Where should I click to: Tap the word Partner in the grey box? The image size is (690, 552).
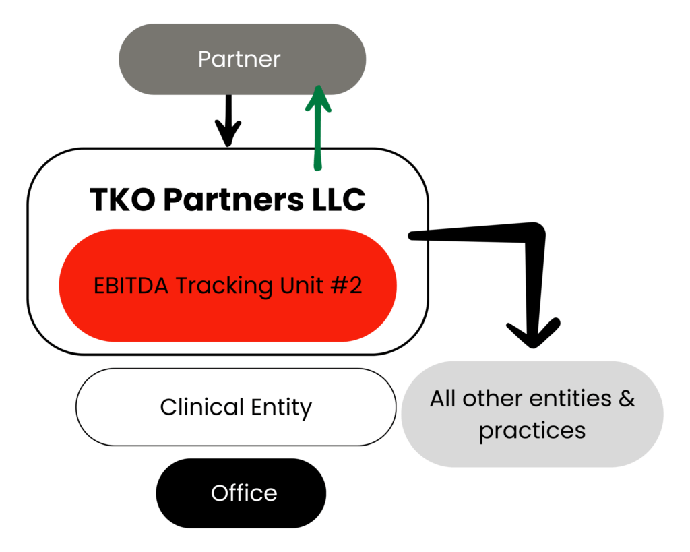pos(239,59)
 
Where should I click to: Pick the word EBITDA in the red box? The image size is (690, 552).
pos(131,286)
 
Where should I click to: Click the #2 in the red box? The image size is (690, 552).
pos(347,286)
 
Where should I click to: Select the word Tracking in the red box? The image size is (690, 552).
pos(217,286)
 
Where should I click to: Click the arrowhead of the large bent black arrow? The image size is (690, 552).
pos(533,334)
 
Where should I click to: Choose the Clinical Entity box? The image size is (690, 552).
pos(236,407)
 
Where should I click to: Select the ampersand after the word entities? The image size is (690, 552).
pos(626,398)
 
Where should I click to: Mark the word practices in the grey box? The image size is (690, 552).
pos(532,430)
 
